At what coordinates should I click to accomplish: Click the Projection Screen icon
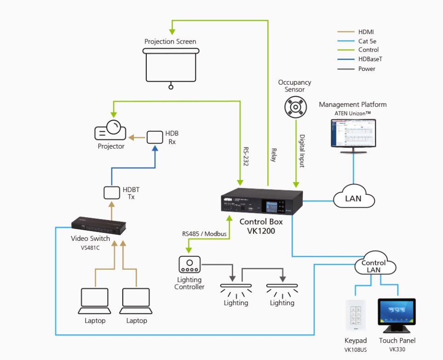170,66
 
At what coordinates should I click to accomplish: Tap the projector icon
110,131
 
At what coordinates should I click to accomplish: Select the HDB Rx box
155,137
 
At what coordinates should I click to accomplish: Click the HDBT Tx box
111,192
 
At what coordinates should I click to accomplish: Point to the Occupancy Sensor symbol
294,107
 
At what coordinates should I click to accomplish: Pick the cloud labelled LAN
354,198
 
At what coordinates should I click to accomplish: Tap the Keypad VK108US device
356,316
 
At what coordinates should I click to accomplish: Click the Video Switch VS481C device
99,226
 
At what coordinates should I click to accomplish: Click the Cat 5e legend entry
368,41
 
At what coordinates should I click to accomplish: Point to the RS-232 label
245,157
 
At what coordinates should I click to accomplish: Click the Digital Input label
302,150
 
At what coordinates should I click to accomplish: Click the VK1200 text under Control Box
261,232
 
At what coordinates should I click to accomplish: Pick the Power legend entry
367,69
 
